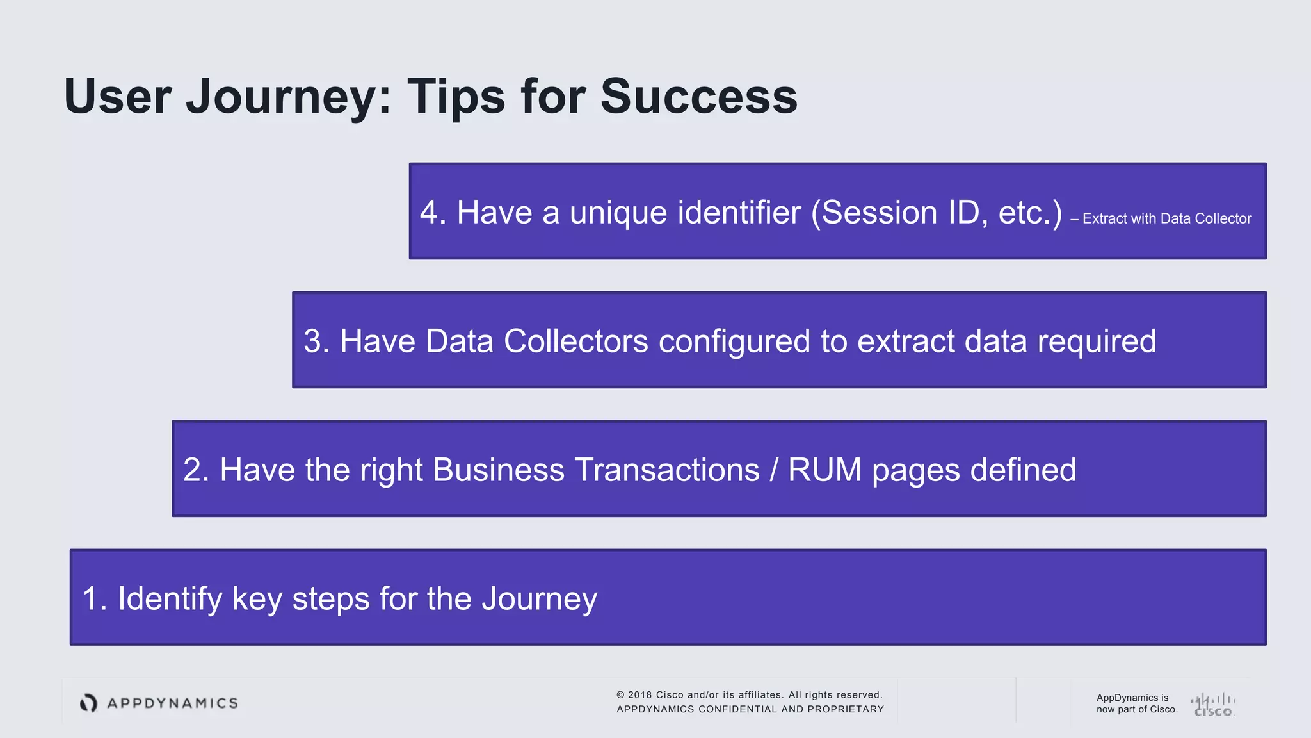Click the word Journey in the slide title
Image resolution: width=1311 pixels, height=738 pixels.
click(288, 97)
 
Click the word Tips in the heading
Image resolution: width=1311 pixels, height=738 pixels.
click(456, 97)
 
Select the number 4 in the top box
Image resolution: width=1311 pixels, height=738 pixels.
click(428, 213)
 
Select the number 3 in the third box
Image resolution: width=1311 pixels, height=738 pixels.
click(312, 341)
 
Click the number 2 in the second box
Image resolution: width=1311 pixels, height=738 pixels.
click(192, 470)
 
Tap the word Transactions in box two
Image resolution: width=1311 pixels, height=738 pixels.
click(666, 470)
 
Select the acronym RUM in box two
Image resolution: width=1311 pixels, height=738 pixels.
click(825, 470)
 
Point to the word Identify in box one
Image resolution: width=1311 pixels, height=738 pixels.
click(170, 599)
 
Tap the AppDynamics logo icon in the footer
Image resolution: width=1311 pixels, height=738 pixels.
click(88, 703)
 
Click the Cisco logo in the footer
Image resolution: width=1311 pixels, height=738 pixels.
click(1213, 705)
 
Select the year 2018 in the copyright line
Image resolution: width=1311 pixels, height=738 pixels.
click(639, 695)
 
